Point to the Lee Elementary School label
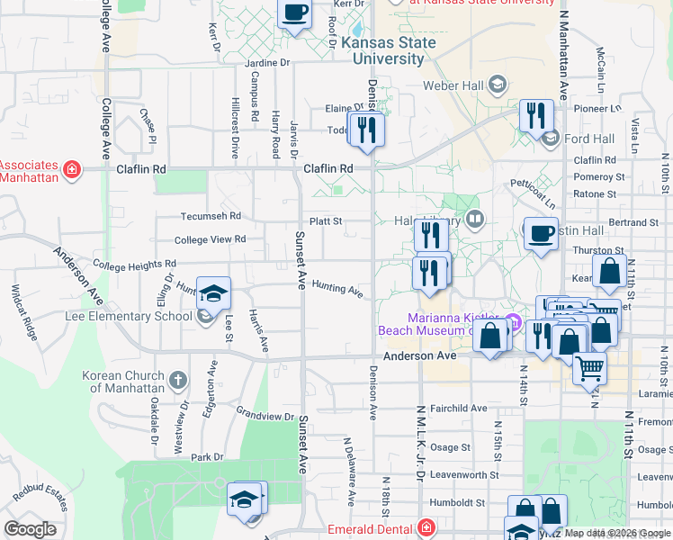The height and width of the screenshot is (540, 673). tap(128, 316)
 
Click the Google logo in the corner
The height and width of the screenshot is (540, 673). tap(30, 529)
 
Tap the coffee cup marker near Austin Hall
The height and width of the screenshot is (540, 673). tap(541, 234)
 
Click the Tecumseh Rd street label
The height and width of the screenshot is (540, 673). tap(210, 216)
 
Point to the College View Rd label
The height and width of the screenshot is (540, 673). tap(210, 239)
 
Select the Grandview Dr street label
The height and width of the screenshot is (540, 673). tap(265, 417)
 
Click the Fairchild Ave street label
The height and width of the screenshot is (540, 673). tap(459, 409)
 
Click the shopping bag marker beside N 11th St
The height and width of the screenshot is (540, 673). tap(609, 271)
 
